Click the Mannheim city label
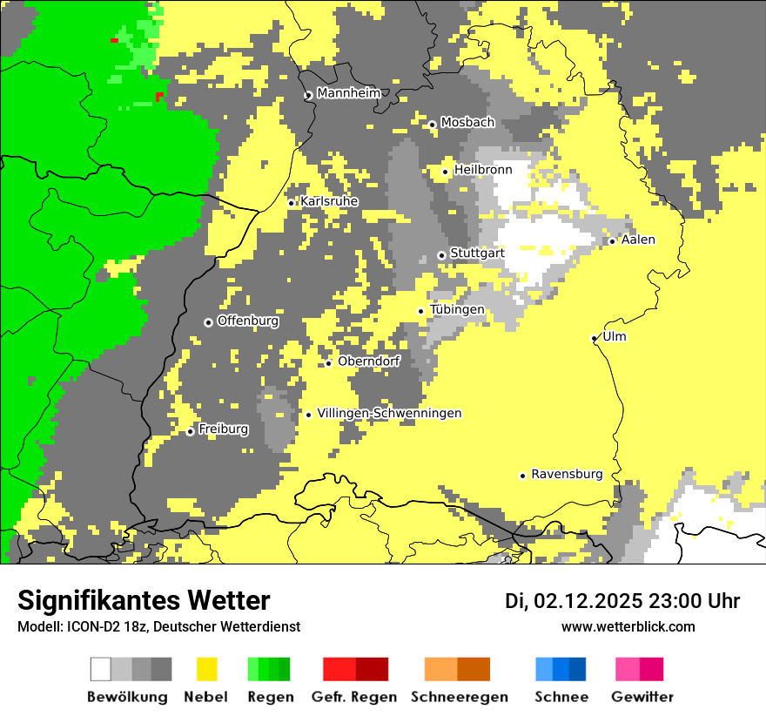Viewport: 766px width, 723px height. click(x=348, y=92)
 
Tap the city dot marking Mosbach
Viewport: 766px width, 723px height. click(x=432, y=125)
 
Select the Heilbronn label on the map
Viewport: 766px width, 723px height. click(x=483, y=170)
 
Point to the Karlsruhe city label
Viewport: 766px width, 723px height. click(x=329, y=201)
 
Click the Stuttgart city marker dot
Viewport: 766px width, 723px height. click(x=441, y=255)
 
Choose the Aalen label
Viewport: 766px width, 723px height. click(x=638, y=240)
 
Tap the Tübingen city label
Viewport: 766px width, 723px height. click(x=457, y=309)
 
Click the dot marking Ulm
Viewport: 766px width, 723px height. click(x=595, y=338)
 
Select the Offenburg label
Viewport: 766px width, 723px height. click(x=248, y=321)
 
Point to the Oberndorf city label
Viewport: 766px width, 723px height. click(x=369, y=361)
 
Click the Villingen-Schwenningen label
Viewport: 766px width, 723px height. click(x=389, y=413)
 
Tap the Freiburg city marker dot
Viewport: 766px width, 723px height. click(x=190, y=431)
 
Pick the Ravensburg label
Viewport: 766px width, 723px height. click(x=567, y=474)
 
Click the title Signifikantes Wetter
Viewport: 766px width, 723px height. click(x=144, y=600)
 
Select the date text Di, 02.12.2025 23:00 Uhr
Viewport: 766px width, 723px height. click(x=622, y=601)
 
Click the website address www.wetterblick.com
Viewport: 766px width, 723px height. click(x=628, y=626)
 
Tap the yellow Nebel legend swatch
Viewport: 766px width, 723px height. click(x=206, y=669)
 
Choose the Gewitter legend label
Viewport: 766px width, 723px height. click(x=642, y=697)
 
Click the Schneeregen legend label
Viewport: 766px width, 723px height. click(x=459, y=697)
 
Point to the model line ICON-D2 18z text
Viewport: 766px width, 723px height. click(x=158, y=626)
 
